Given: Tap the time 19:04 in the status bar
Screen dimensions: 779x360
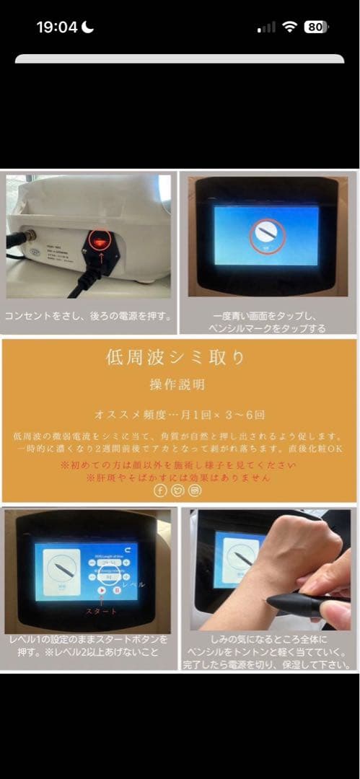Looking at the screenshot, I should (x=56, y=27).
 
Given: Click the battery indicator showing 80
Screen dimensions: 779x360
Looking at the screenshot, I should (x=315, y=27).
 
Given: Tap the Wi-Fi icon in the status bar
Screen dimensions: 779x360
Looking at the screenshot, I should (x=290, y=27).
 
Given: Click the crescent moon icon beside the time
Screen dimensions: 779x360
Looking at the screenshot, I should (x=88, y=27).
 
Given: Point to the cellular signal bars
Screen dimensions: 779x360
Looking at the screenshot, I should (x=266, y=28).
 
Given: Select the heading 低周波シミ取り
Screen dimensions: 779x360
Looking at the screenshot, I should (x=179, y=358).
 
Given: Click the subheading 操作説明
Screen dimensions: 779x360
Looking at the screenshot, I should (x=179, y=384).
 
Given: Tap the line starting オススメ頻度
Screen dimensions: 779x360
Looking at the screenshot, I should (x=179, y=415).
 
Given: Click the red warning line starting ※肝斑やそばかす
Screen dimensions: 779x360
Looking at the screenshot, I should (x=179, y=477).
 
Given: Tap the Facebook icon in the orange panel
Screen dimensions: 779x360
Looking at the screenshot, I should (x=160, y=490).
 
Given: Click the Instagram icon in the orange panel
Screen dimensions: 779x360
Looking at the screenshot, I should (x=195, y=490).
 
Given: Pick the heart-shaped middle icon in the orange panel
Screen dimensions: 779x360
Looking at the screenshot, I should (x=177, y=490).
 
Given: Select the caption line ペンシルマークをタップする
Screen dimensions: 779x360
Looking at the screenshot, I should (x=269, y=328).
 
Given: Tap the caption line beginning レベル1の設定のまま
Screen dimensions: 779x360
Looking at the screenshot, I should (x=90, y=639).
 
